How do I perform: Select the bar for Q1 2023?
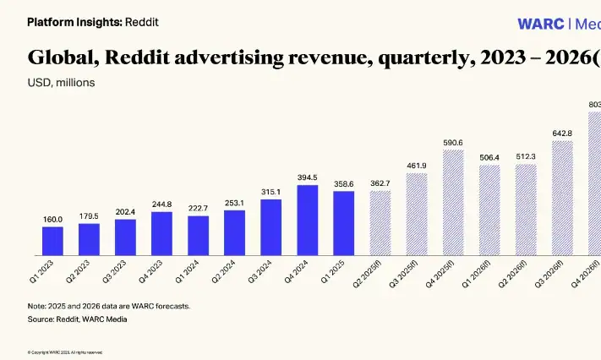coord(53,241)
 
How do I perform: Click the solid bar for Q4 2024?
coord(308,220)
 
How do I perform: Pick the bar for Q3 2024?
coord(270,227)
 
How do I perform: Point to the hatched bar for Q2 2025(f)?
coord(380,223)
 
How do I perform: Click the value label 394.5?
coord(308,177)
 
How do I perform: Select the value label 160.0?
coord(53,220)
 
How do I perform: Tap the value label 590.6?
coord(453,143)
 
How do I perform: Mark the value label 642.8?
coord(562,134)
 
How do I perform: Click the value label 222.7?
coord(198,209)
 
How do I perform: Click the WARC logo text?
coord(541,24)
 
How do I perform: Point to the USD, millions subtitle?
coord(62,83)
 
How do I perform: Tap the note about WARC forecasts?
coord(109,306)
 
